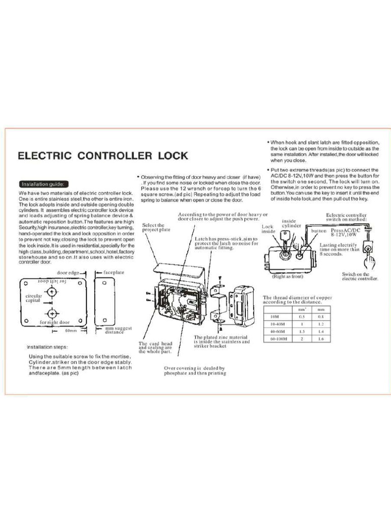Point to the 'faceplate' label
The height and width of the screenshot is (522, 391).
tap(115, 273)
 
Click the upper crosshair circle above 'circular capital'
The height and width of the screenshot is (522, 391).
tap(52, 292)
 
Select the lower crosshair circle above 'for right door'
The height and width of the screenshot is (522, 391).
tap(52, 313)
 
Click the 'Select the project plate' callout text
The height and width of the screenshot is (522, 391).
tap(153, 227)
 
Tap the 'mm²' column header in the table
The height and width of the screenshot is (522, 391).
tap(301, 309)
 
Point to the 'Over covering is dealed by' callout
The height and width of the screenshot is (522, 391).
tap(194, 368)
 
